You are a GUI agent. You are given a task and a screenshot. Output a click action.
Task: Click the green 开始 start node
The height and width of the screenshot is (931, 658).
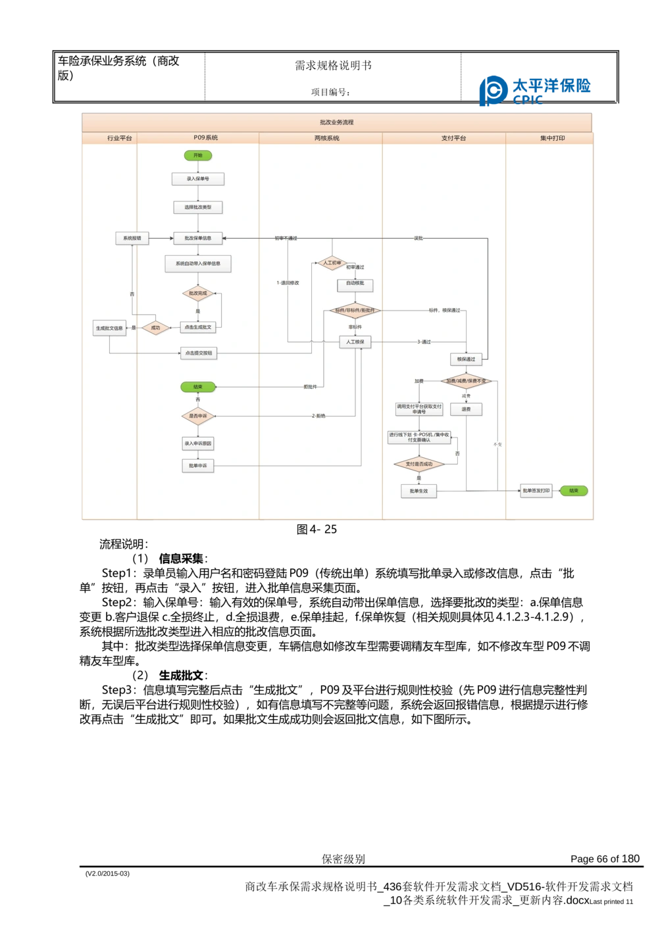point(198,155)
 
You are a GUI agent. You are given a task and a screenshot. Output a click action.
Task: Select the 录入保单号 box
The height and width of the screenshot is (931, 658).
point(198,179)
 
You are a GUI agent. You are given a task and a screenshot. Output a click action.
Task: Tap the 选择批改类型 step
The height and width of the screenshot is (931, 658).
point(198,207)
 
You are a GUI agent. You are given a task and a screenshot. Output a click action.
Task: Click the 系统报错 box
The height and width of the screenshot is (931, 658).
point(132,238)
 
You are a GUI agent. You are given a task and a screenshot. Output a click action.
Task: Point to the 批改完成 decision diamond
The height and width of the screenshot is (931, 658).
point(198,293)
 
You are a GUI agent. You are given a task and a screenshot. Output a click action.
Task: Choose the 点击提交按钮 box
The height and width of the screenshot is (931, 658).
point(198,353)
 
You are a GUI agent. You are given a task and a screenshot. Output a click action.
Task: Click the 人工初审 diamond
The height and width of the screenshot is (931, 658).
point(332,263)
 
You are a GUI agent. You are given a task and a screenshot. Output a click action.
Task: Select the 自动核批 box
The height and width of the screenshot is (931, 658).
point(355,285)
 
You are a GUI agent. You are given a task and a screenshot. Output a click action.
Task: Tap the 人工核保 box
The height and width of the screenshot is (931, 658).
point(355,342)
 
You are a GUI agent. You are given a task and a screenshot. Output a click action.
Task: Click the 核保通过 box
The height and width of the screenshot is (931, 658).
point(466,359)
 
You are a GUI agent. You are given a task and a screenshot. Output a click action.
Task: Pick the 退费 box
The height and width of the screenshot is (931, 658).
point(466,409)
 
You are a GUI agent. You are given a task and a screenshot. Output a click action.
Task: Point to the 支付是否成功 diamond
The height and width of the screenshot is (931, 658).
point(419,465)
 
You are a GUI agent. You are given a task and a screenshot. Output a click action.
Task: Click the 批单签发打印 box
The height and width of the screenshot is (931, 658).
point(536,491)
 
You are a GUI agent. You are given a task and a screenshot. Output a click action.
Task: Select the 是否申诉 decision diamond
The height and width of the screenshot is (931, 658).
point(198,416)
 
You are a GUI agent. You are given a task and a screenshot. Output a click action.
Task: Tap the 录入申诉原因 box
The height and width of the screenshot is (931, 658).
point(198,443)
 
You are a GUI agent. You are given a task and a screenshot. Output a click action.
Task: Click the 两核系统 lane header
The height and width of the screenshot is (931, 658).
point(327,138)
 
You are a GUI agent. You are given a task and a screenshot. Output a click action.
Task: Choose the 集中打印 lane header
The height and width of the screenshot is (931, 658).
point(552,138)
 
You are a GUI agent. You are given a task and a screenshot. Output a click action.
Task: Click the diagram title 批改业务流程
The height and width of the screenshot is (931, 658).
point(336,122)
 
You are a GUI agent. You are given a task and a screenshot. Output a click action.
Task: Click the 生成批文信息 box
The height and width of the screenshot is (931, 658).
point(109,328)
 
